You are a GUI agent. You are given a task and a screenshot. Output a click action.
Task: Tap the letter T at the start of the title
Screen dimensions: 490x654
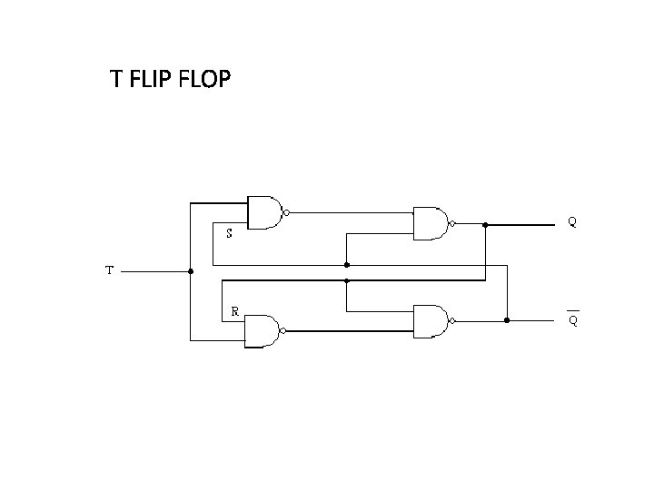(115, 80)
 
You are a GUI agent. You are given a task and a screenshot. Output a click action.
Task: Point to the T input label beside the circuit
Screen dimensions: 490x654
(109, 269)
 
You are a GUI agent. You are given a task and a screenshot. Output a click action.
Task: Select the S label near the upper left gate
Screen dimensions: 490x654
(229, 233)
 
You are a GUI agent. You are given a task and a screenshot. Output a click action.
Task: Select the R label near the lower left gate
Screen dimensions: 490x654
(234, 310)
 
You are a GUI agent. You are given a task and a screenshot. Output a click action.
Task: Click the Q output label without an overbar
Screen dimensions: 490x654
(572, 220)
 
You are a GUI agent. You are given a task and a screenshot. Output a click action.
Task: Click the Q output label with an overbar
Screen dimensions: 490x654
(573, 319)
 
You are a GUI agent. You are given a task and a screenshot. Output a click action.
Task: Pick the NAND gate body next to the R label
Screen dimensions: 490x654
(263, 330)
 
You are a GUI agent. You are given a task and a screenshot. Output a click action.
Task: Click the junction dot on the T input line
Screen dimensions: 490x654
(190, 270)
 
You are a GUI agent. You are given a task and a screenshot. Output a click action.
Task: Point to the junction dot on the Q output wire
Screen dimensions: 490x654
(486, 223)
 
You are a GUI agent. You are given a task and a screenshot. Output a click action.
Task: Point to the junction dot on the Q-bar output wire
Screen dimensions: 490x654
(507, 320)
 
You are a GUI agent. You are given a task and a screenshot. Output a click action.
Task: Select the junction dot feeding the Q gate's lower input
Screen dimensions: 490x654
(347, 265)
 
